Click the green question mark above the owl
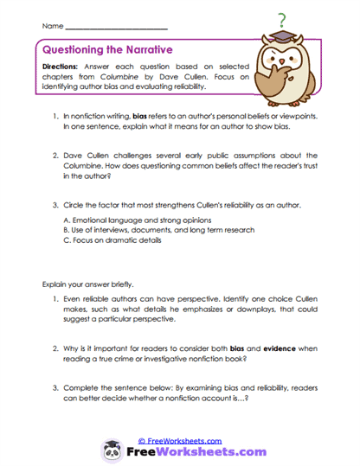pos(283,20)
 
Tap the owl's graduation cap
pos(286,39)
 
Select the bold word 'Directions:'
pos(63,67)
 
